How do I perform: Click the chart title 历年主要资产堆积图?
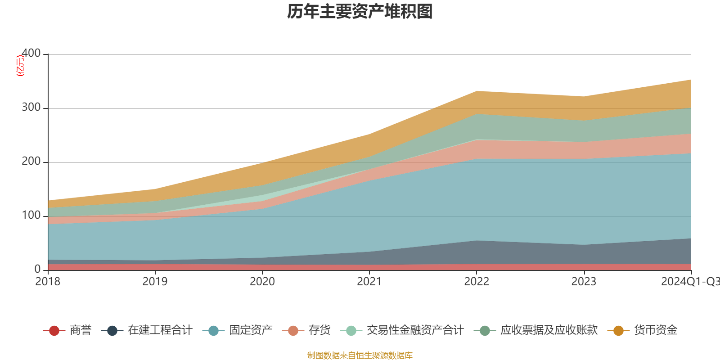360,12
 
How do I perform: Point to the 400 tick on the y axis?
31,54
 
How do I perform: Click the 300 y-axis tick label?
31,108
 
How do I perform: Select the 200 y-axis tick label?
31,162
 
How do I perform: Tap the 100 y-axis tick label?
31,216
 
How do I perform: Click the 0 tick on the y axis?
37,269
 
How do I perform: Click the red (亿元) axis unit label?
20,66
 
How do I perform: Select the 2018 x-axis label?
48,282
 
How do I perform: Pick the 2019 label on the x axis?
155,282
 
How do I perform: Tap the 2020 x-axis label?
262,282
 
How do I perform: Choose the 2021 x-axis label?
369,282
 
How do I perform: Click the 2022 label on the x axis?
477,282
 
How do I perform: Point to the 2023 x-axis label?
584,282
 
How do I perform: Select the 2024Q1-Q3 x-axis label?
689,282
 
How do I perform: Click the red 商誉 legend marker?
54,331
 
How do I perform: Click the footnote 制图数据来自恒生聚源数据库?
360,355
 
